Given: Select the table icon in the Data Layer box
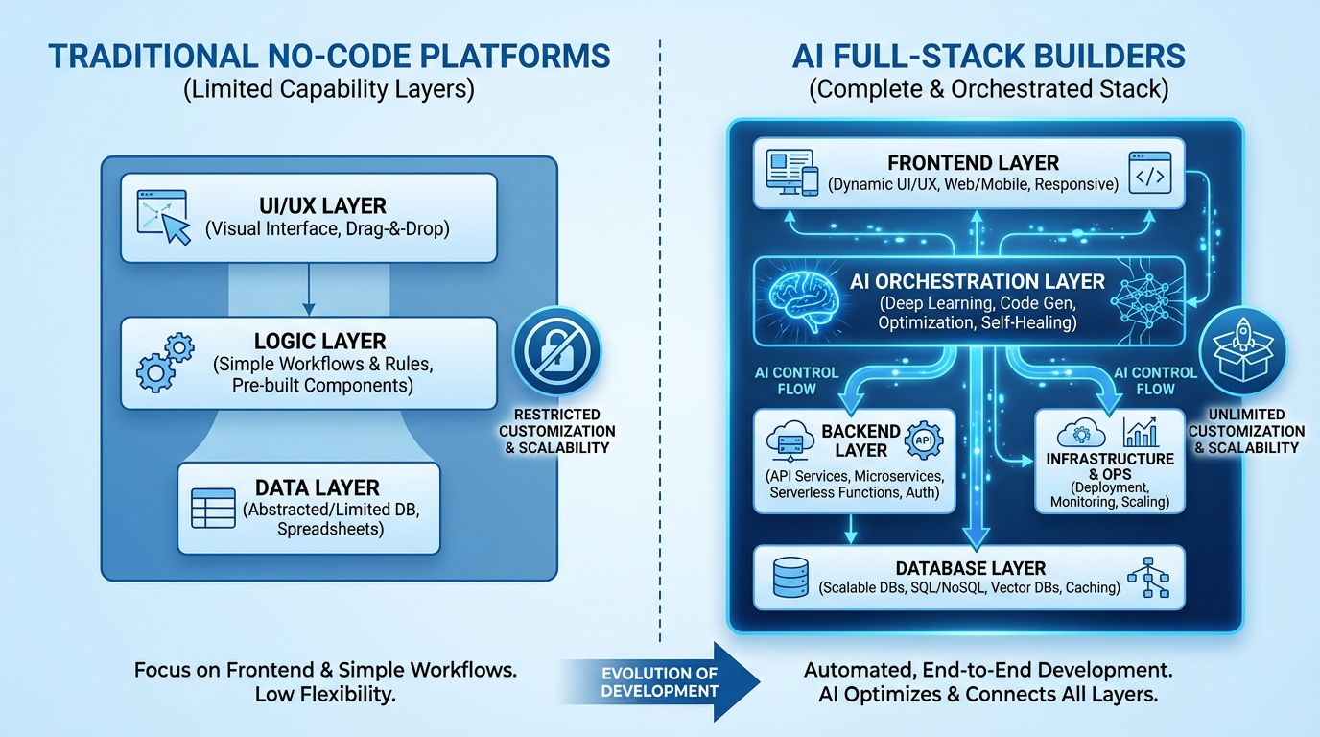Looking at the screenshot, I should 213,508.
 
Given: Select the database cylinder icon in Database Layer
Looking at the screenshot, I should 792,577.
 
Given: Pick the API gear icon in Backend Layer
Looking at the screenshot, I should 924,440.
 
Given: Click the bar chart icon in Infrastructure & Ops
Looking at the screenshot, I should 1142,433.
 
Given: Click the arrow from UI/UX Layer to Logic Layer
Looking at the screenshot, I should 307,289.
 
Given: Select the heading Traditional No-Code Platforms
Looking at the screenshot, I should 329,57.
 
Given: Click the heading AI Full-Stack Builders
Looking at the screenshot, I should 988,57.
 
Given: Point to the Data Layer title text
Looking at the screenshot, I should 317,487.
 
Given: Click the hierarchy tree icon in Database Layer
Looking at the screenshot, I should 1148,577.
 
